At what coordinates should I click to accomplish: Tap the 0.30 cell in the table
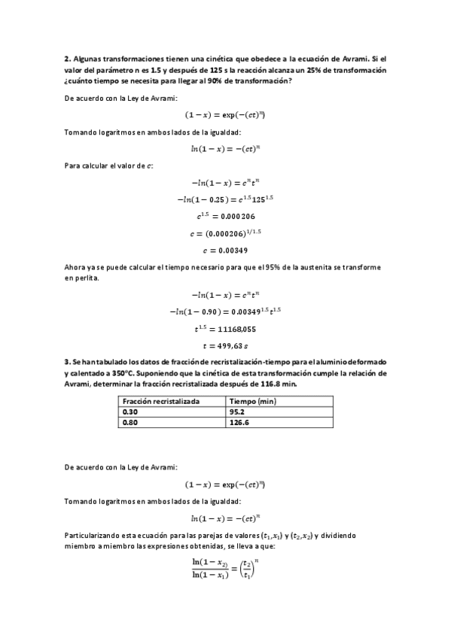click(131, 412)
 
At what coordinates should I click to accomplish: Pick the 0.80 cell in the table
click(131, 423)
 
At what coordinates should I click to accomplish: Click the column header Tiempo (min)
click(253, 402)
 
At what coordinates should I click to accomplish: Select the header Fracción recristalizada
click(161, 402)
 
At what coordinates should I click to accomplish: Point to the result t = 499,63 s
click(226, 345)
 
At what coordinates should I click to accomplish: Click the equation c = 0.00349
click(226, 250)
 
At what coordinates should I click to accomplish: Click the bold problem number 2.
click(66, 58)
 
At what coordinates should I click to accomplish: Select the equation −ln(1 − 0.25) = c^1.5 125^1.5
click(226, 199)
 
